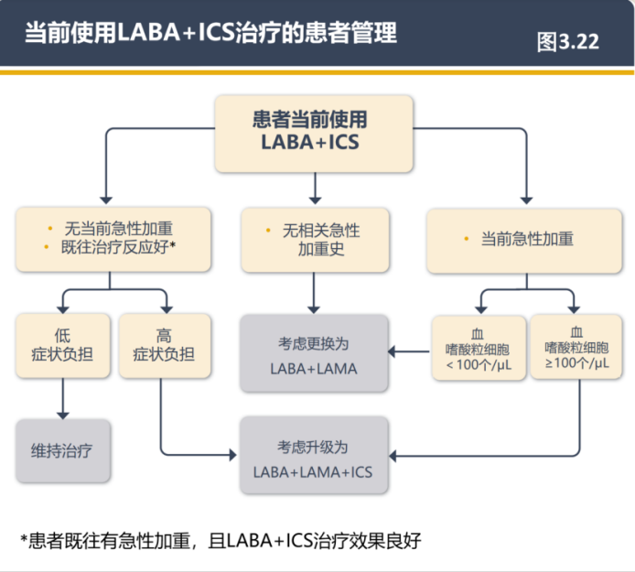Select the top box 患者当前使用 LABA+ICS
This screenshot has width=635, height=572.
(315, 132)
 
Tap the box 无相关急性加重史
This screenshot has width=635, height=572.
(315, 239)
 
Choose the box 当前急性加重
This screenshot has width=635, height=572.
(525, 239)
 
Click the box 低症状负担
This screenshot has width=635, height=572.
(62, 346)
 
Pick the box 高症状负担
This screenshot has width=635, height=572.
(164, 346)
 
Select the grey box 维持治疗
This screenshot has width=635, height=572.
(62, 451)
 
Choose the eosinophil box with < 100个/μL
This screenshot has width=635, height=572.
(478, 349)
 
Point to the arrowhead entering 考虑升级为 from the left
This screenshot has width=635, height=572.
(234, 455)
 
